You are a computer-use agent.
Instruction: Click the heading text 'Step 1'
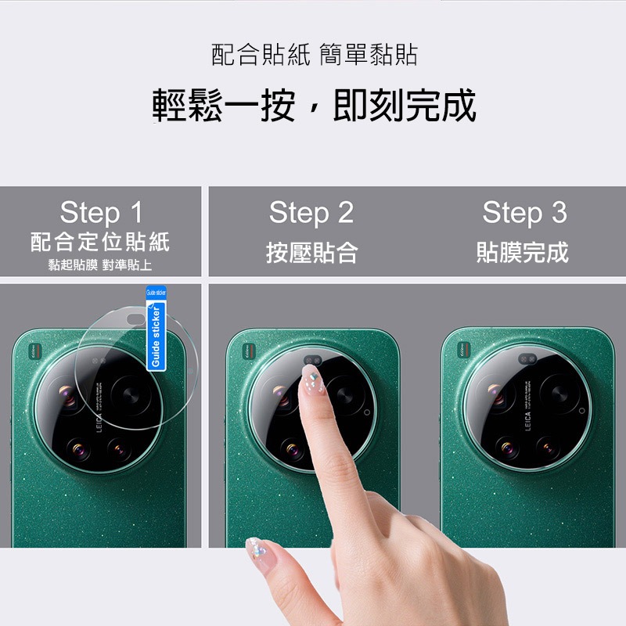point(102,212)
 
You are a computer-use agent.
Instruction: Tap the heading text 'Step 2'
point(311,212)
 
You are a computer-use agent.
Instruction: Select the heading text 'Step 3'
point(524,212)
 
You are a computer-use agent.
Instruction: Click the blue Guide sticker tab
point(156,333)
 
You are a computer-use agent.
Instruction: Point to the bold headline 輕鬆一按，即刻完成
point(314,106)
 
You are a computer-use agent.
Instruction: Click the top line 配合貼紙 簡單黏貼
point(314,55)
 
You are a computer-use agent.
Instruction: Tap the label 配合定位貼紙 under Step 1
point(100,241)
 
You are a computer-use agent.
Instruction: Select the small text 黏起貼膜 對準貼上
point(100,264)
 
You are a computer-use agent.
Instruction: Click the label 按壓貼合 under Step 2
point(311,252)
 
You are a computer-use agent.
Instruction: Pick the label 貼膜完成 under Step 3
point(523,252)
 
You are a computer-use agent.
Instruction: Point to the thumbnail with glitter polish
point(256,549)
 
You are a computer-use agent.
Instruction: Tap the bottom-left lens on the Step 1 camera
point(79,448)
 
